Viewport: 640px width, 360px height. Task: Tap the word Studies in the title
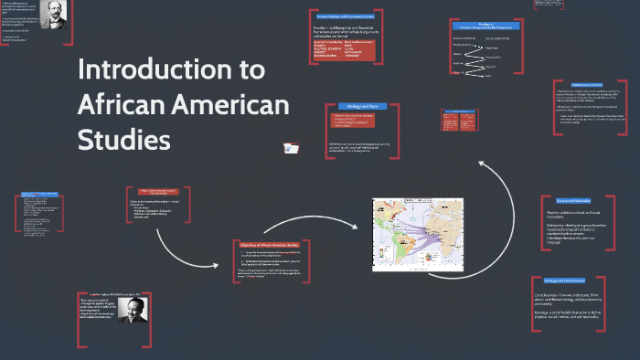(124, 140)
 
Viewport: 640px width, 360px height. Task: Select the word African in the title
(117, 105)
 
